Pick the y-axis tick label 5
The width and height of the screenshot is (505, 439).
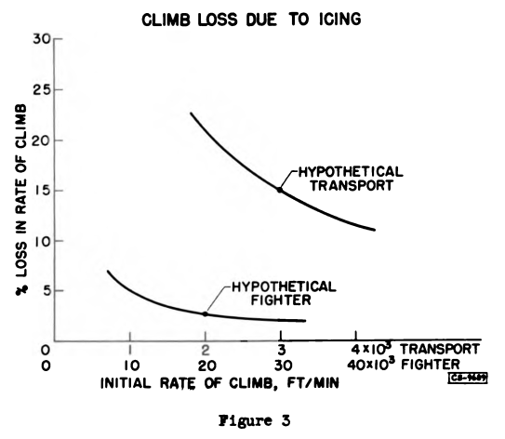click(44, 290)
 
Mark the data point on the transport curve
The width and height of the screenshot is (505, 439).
click(279, 190)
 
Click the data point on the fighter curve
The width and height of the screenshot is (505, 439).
click(205, 314)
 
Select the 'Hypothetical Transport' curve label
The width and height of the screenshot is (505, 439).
click(343, 178)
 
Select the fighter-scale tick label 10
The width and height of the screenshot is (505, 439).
click(129, 366)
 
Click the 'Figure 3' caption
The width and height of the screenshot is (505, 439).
click(253, 419)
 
